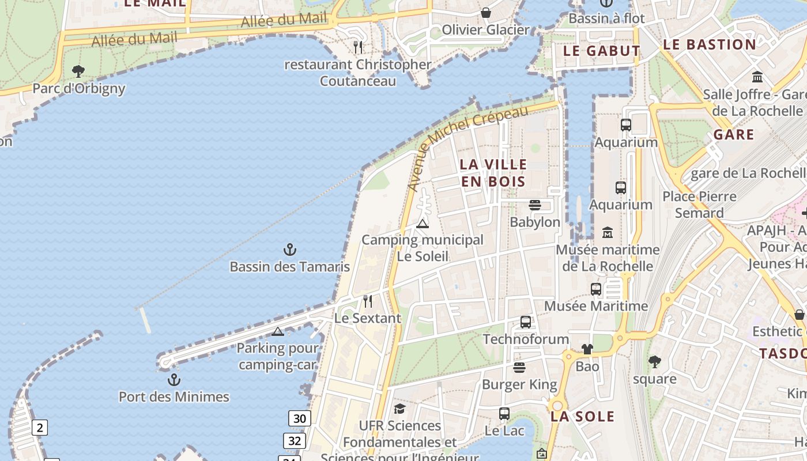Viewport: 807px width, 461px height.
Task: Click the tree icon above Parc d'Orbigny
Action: [78, 71]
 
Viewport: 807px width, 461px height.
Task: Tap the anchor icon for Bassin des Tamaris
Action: [290, 250]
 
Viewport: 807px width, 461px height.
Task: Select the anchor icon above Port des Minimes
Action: [174, 380]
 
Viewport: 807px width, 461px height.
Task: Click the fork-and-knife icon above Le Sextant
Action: [368, 301]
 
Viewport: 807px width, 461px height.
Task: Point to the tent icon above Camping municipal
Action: [423, 224]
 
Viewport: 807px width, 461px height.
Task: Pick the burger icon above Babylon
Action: [535, 205]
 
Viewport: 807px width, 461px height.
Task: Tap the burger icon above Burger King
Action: [519, 367]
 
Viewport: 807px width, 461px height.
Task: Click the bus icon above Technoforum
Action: [526, 322]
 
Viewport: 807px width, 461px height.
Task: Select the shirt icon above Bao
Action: [587, 349]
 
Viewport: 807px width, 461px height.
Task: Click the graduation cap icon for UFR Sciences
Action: [399, 409]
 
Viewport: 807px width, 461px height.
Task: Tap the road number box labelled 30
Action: [300, 418]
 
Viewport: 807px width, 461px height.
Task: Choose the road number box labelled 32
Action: [295, 441]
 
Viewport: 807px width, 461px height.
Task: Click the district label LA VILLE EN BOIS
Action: [493, 173]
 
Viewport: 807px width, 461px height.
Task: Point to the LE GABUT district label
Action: [601, 51]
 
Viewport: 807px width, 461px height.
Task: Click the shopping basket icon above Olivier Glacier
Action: [486, 12]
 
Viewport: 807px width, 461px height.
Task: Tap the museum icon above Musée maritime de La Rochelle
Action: [608, 232]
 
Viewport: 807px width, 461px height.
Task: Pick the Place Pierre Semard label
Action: [699, 205]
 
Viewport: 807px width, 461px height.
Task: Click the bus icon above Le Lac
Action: [504, 413]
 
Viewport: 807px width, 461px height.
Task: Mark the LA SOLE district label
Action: [582, 416]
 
